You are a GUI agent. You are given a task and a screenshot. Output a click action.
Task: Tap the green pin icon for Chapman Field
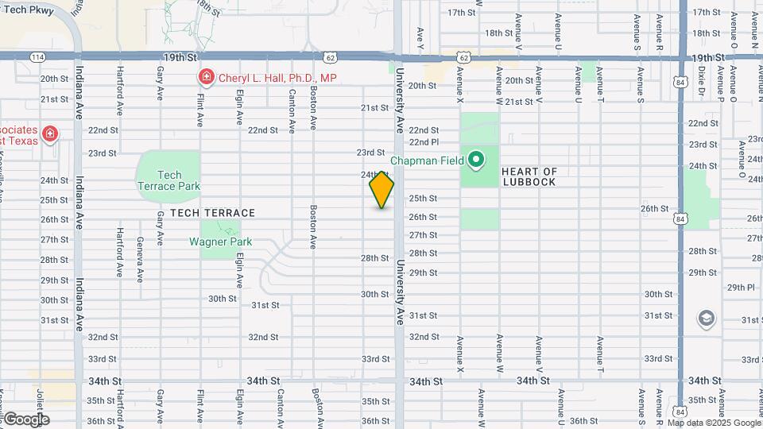coord(476,160)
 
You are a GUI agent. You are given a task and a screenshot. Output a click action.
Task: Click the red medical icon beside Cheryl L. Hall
coord(205,77)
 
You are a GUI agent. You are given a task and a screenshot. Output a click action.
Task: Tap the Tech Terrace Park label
coord(168,180)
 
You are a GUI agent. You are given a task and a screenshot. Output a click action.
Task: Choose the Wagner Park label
coord(220,242)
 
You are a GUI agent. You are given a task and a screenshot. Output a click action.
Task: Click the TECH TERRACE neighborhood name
coord(212,213)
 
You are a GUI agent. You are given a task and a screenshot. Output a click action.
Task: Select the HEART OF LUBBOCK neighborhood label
coord(530,176)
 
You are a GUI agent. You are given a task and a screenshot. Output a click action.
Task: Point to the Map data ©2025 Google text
coord(715,423)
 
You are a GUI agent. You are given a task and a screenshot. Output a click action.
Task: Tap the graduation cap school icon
coord(705,319)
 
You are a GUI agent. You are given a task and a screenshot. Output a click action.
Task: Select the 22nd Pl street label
coord(424,142)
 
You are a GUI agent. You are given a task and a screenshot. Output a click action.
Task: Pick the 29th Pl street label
coord(740,288)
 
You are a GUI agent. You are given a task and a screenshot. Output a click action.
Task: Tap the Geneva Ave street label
coord(140,260)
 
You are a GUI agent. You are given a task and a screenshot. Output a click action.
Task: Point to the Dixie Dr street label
coord(702,80)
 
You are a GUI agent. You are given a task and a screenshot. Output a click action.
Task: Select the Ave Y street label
coord(420,37)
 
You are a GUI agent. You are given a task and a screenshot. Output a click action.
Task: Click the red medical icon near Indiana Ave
coord(50,133)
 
